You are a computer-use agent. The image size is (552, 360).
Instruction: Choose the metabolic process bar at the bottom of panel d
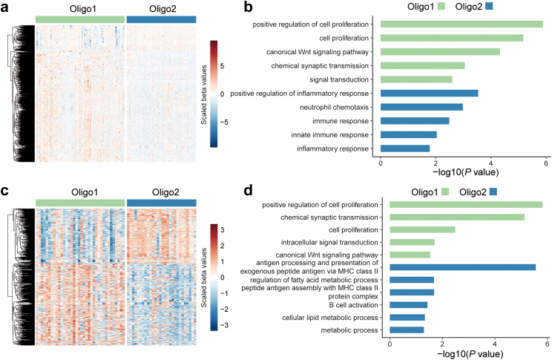coord(407,330)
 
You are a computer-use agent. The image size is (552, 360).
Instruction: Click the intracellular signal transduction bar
coord(412,241)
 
